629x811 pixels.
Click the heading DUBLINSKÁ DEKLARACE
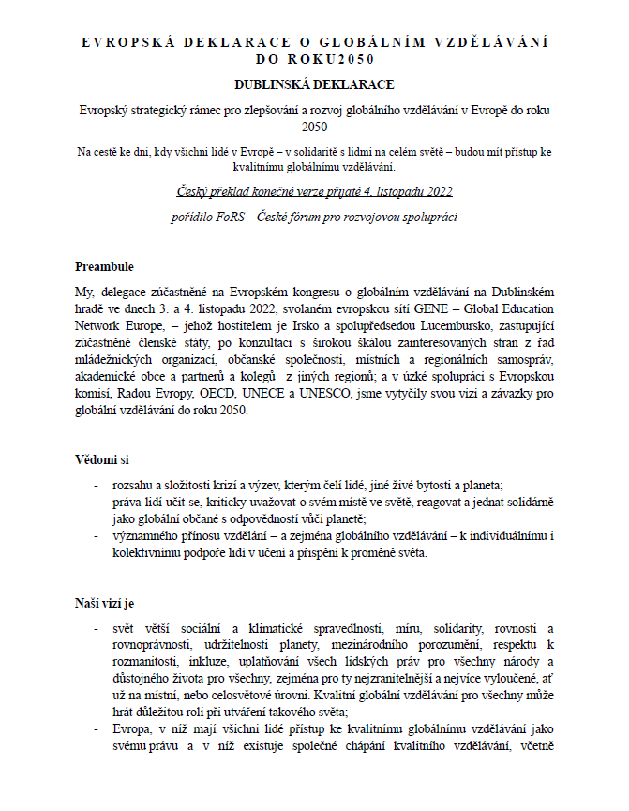point(314,84)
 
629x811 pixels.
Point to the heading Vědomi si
point(102,459)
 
